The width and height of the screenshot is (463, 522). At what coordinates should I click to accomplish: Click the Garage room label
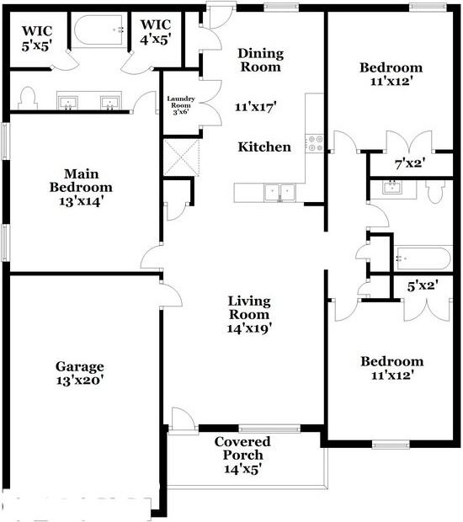(80, 366)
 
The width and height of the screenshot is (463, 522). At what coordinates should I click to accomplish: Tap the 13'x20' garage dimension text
(80, 380)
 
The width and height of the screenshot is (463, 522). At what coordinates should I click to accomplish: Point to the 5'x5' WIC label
(35, 38)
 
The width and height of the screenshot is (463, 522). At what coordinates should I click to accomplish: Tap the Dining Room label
(261, 60)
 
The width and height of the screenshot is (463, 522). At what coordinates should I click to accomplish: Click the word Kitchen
(264, 146)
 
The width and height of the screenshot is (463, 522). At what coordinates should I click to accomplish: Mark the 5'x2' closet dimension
(423, 286)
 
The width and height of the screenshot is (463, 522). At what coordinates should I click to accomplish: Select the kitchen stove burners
(314, 143)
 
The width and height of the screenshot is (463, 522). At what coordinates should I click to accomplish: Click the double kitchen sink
(279, 192)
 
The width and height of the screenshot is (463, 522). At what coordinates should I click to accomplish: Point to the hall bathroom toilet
(435, 192)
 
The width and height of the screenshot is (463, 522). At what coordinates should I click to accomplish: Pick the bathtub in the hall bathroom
(423, 256)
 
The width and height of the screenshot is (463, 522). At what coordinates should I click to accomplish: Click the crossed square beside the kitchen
(182, 157)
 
